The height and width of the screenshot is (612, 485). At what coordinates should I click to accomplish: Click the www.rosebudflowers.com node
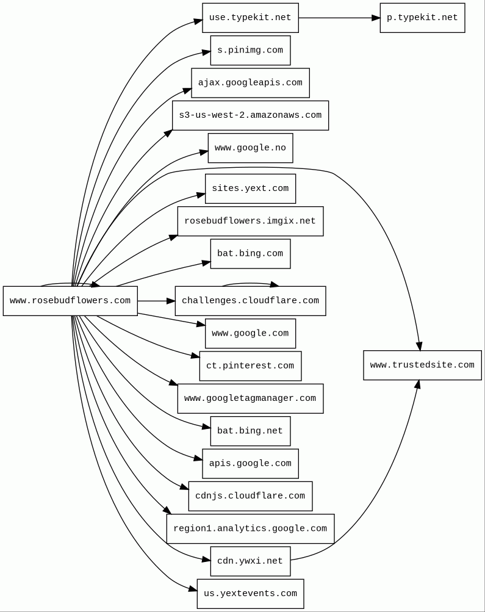[x=70, y=301]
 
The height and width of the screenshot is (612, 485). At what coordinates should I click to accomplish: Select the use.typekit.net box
[x=250, y=18]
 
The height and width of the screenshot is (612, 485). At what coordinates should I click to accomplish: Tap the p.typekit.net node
[x=422, y=18]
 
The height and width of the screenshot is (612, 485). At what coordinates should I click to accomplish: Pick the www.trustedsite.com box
[x=422, y=365]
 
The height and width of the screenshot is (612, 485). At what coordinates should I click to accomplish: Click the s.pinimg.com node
[x=250, y=51]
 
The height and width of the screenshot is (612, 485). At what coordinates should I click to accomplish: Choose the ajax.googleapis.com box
[x=250, y=83]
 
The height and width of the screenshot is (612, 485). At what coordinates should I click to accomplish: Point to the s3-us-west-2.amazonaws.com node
[x=250, y=115]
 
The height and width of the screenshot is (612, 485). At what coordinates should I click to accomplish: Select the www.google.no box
[x=250, y=148]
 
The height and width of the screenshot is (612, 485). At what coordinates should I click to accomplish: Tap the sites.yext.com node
[x=250, y=189]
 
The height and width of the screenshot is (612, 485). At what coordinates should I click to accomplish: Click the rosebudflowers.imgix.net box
[x=250, y=221]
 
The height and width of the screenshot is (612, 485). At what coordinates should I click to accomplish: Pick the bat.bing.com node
[x=250, y=254]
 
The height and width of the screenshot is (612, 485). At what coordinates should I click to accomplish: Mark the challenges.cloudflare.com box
[x=250, y=301]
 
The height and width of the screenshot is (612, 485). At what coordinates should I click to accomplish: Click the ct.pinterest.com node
[x=250, y=366]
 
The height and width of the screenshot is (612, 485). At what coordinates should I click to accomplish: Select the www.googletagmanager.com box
[x=250, y=398]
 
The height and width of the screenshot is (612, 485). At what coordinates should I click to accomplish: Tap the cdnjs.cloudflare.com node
[x=250, y=496]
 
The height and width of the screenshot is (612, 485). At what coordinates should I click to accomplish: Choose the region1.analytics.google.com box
[x=250, y=528]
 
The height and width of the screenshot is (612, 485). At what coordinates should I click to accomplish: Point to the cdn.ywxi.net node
[x=250, y=561]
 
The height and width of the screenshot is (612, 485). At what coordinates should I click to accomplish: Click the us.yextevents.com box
[x=250, y=594]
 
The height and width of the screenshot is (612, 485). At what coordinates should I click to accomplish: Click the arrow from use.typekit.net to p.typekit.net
[x=339, y=18]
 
